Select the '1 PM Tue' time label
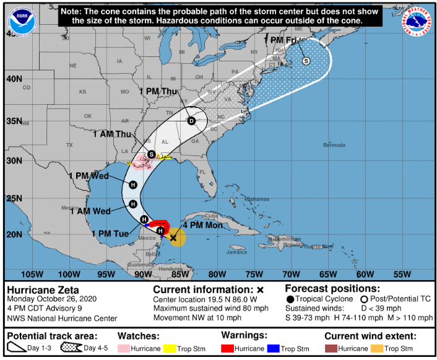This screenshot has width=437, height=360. tap(110, 234)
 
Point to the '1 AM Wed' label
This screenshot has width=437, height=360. tap(90, 211)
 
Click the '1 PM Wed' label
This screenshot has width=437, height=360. tap(89, 176)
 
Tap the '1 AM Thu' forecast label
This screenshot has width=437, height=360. tap(112, 134)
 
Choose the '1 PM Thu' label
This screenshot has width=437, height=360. tap(159, 91)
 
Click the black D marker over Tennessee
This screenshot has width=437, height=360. tap(191, 121)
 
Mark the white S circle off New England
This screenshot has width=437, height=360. tap(306, 61)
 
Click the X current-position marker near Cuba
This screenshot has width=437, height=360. tap(174, 237)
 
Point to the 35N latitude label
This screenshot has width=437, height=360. tap(14, 121)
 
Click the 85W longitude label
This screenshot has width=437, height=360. tap(180, 274)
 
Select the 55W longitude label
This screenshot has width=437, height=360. tap(402, 274)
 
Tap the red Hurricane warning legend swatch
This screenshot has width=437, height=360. tap(228, 348)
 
